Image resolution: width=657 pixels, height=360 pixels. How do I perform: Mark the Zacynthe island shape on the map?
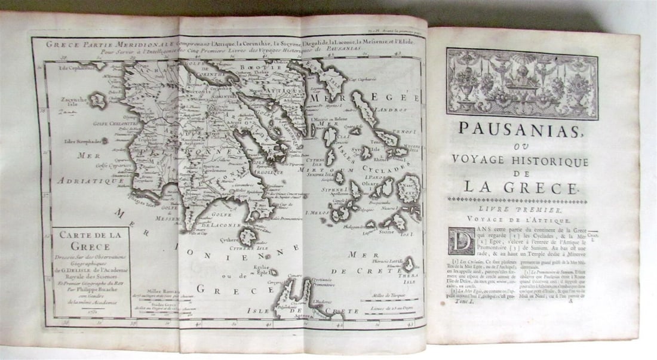point(96,101)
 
